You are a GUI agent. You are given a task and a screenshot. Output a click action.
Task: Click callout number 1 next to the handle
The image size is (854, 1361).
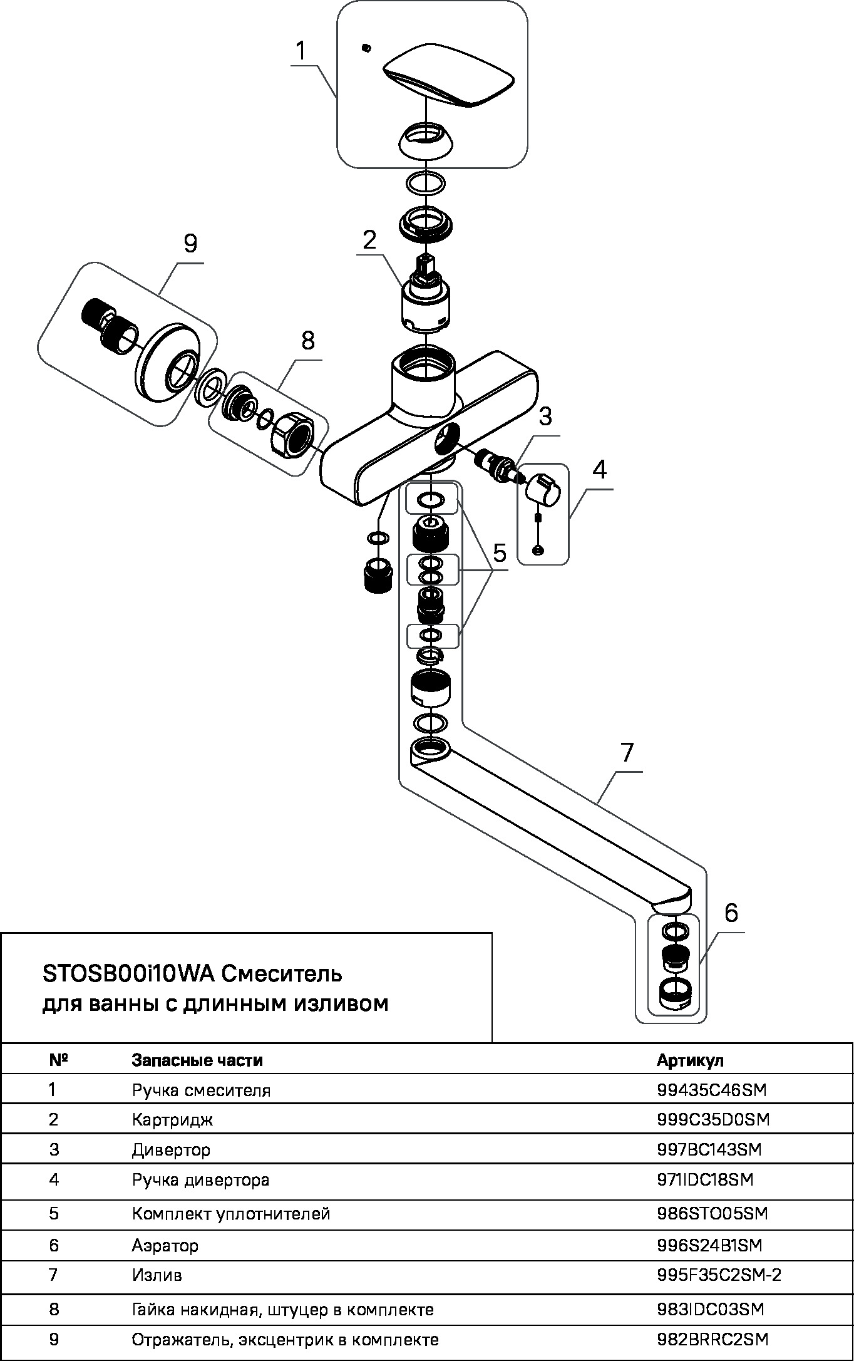click(x=301, y=51)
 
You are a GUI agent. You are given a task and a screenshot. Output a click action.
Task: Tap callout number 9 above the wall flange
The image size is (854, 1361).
click(x=190, y=242)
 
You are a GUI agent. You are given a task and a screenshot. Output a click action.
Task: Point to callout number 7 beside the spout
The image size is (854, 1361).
click(x=627, y=752)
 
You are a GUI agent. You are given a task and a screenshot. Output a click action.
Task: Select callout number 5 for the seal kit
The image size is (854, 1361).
click(x=499, y=553)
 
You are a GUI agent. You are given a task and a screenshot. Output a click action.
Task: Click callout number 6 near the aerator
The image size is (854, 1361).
click(x=731, y=913)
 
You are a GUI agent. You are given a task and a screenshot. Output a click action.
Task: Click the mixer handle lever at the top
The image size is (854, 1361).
click(x=448, y=75)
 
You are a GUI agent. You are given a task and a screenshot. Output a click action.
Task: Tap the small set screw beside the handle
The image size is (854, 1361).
click(x=366, y=48)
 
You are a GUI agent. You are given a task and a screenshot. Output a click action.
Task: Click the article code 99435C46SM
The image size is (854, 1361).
click(x=711, y=1090)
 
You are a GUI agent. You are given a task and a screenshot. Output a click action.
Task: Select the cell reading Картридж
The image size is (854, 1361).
click(x=172, y=1119)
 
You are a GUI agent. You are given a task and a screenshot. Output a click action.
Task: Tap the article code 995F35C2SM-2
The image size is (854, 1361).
click(x=719, y=1275)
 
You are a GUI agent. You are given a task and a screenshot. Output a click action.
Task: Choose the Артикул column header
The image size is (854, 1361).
click(x=690, y=1060)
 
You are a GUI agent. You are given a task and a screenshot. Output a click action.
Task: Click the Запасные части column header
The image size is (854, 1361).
click(x=197, y=1060)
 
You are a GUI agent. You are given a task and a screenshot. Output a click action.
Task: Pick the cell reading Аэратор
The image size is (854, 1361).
click(x=165, y=1245)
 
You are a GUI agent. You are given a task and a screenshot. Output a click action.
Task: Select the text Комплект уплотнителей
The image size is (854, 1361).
click(x=230, y=1213)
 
